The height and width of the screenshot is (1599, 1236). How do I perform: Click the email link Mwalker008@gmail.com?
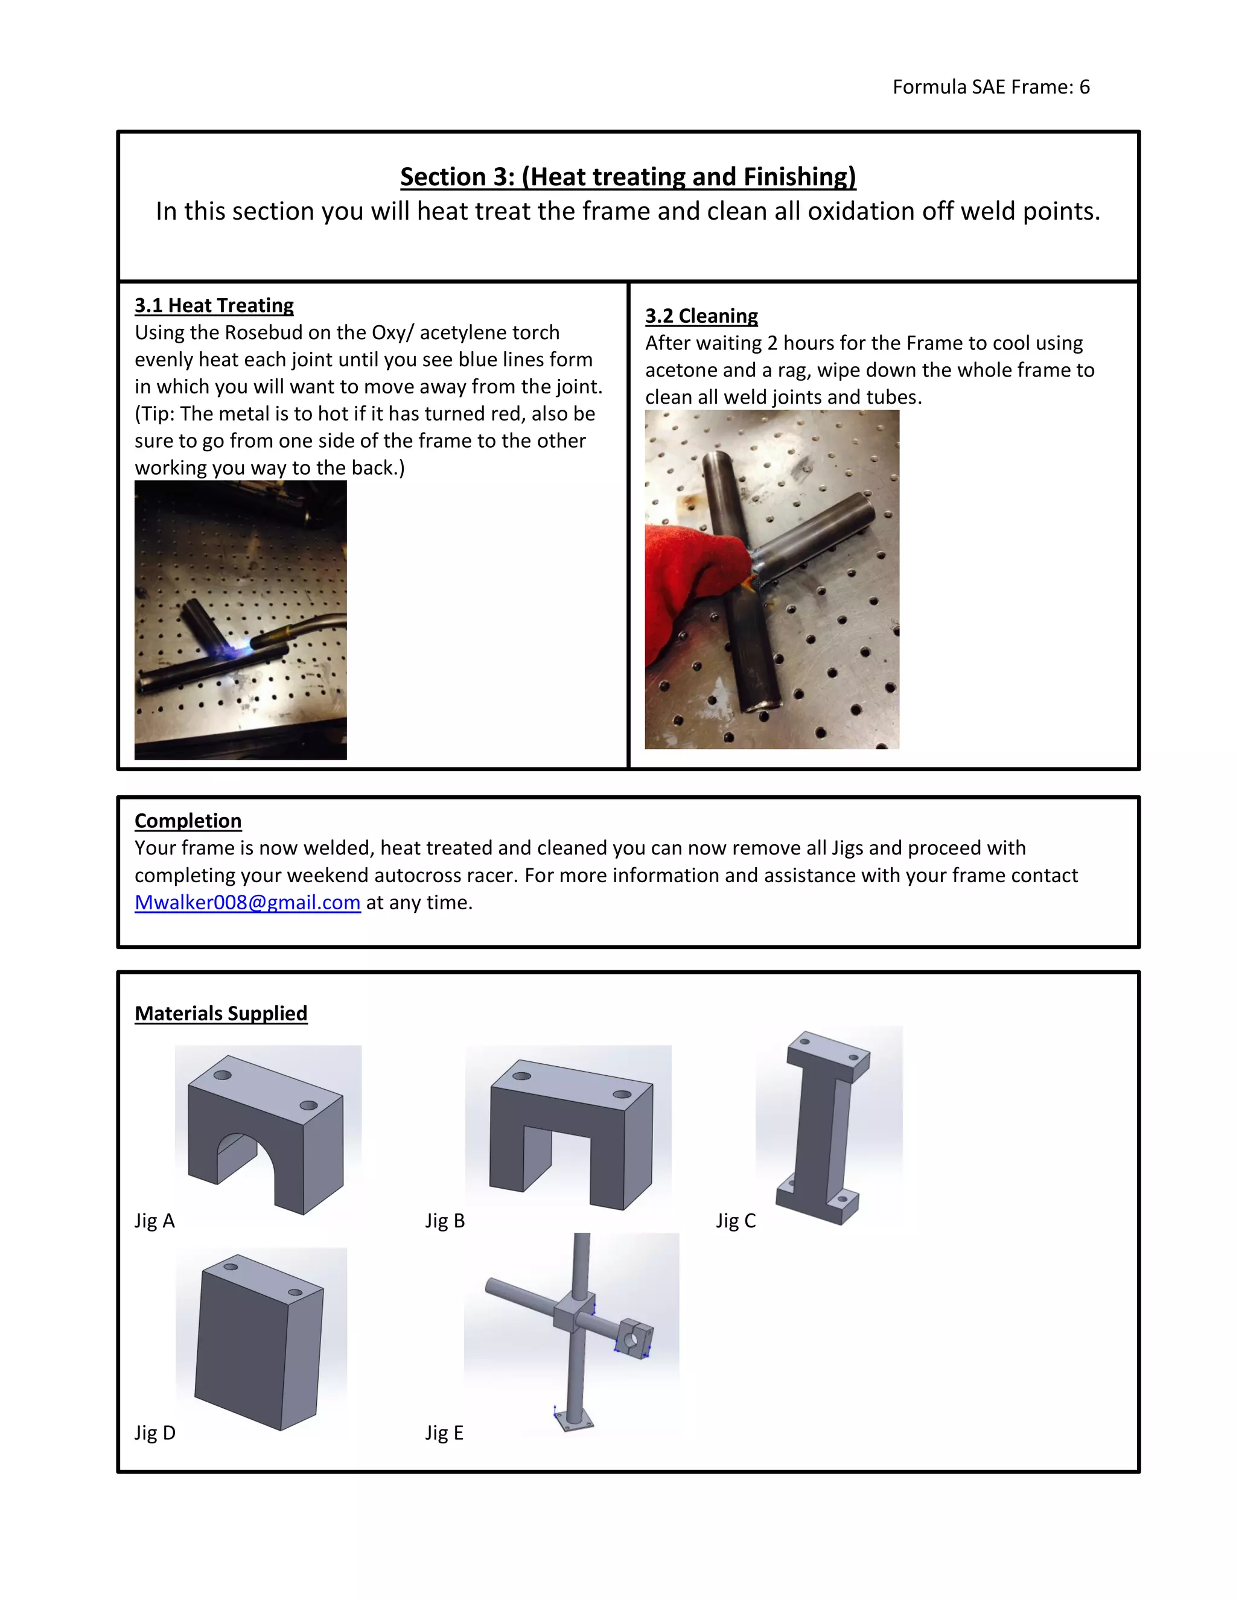click(247, 902)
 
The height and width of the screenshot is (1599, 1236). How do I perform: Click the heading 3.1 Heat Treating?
click(214, 305)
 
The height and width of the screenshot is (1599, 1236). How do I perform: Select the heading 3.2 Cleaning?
click(701, 316)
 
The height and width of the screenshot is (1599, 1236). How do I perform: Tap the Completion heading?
click(188, 821)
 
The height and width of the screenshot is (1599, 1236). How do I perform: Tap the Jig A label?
click(154, 1221)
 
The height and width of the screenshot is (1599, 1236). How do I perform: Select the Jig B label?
click(444, 1221)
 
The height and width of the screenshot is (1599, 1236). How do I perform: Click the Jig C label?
click(735, 1221)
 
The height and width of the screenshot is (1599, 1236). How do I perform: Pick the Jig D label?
click(154, 1433)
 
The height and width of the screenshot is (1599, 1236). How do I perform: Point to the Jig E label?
click(444, 1433)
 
